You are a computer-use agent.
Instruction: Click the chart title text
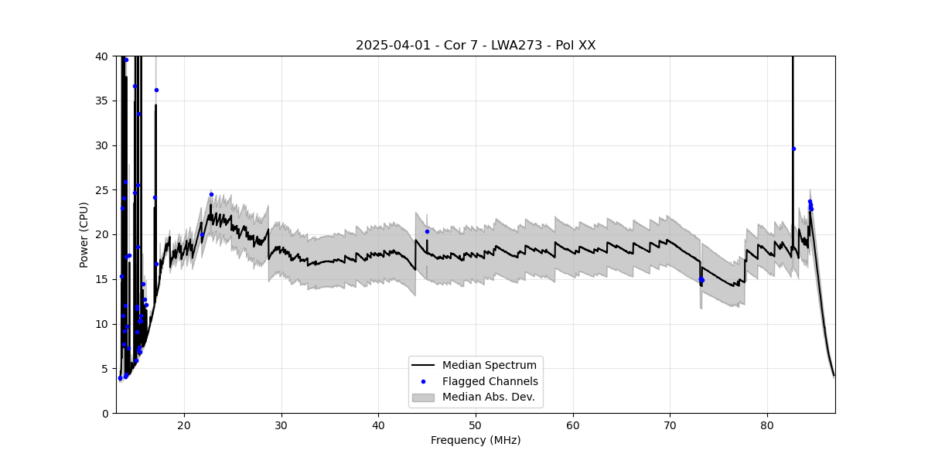[476, 46]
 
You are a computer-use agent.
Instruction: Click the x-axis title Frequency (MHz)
[476, 440]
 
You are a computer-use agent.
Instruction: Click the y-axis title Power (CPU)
[84, 234]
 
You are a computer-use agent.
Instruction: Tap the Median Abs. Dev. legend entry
[488, 397]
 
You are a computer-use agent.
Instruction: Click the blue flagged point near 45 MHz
[427, 231]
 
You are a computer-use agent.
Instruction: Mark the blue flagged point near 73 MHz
[701, 280]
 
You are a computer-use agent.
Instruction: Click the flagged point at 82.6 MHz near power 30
[793, 148]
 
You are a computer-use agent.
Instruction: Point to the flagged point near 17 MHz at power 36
[156, 90]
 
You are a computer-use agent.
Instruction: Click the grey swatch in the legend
[423, 397]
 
